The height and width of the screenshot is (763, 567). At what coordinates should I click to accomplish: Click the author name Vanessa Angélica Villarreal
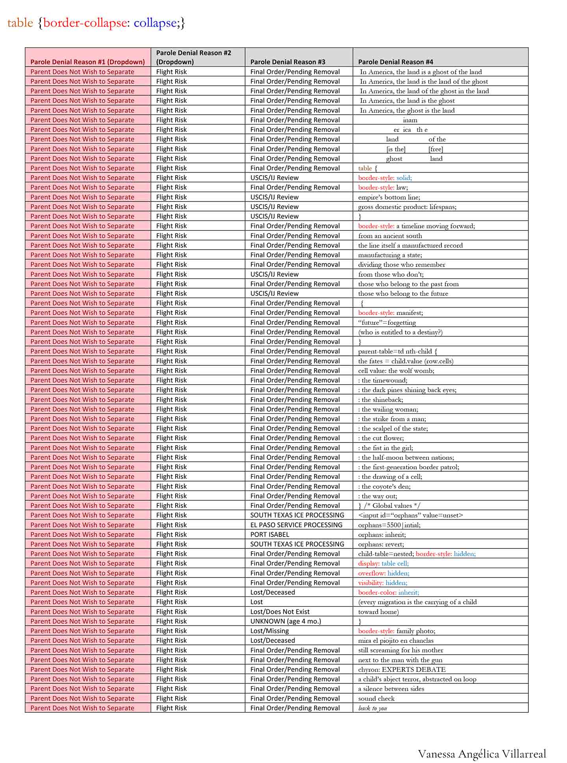tap(482, 754)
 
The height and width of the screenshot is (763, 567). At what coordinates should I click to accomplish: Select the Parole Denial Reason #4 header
tap(395, 62)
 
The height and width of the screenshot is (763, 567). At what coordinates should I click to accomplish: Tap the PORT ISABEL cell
tap(270, 534)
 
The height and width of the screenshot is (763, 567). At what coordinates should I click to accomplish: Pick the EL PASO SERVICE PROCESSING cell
tap(296, 525)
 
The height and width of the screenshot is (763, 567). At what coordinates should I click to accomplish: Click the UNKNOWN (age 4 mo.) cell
tap(285, 621)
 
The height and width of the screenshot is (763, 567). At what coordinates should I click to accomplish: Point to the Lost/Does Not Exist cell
tap(280, 611)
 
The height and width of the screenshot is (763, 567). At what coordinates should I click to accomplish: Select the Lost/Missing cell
tap(269, 631)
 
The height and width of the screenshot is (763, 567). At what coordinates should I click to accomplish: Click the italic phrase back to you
tap(372, 708)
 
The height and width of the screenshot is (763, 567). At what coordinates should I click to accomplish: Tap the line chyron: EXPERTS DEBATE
tap(402, 669)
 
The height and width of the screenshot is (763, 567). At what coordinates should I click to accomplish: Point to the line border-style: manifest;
tap(390, 313)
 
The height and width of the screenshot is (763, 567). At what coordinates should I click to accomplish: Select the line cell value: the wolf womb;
tap(396, 370)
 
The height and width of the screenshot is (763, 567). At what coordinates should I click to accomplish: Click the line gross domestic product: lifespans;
tap(407, 207)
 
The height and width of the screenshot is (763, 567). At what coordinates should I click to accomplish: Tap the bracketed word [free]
tap(435, 149)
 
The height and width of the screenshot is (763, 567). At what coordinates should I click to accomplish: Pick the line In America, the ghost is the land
tap(407, 110)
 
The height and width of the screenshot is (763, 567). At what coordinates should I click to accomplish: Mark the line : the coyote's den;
tap(384, 486)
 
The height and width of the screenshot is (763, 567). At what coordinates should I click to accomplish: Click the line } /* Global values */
tap(390, 506)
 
